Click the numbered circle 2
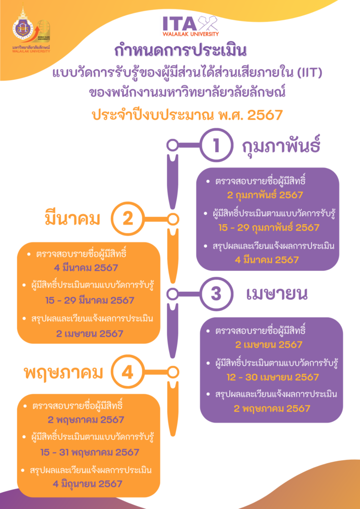click(126, 219)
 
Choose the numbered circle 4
click(126, 371)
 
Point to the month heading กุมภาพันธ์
click(281, 146)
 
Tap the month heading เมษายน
click(276, 293)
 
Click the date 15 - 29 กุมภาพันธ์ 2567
click(269, 228)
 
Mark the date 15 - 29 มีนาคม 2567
click(89, 301)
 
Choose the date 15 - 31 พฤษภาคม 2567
click(90, 452)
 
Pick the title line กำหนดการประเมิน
click(180, 51)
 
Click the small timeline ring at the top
click(173, 145)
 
